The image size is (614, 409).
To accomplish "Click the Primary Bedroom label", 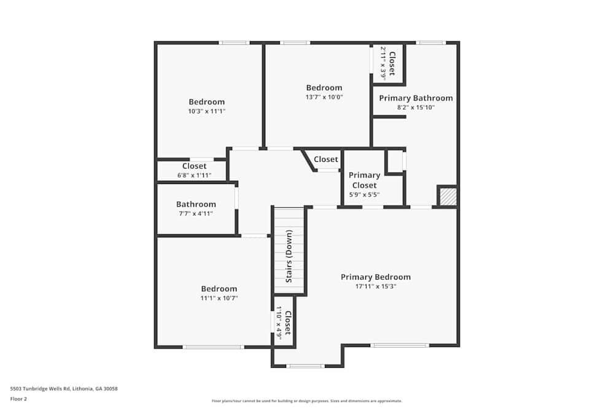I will pyautogui.click(x=375, y=277).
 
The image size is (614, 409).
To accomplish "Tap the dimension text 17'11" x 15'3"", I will pyautogui.click(x=375, y=286).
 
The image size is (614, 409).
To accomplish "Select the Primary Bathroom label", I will pyautogui.click(x=416, y=98).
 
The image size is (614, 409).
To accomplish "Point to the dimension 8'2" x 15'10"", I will pyautogui.click(x=416, y=107).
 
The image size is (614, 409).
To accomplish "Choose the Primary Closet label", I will pyautogui.click(x=364, y=180).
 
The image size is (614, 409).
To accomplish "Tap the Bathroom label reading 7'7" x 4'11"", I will pyautogui.click(x=196, y=204).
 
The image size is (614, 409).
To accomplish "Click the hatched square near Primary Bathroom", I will pyautogui.click(x=448, y=197).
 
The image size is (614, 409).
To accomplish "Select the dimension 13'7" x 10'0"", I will pyautogui.click(x=324, y=97).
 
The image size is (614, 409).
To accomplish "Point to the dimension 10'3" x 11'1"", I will pyautogui.click(x=206, y=111).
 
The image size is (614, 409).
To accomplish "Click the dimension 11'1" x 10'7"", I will pyautogui.click(x=219, y=298).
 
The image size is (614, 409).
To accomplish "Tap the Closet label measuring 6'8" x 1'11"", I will pyautogui.click(x=194, y=166).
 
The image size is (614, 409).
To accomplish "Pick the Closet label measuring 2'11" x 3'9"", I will pyautogui.click(x=391, y=63).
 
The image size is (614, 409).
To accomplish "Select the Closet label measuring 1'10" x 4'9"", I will pyautogui.click(x=287, y=322).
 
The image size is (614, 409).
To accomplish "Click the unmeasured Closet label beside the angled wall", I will pyautogui.click(x=325, y=159).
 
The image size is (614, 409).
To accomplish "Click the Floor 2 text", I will pyautogui.click(x=18, y=399).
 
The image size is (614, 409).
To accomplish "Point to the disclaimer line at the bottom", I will pyautogui.click(x=307, y=401).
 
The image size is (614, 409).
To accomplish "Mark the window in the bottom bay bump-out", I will pyautogui.click(x=305, y=366).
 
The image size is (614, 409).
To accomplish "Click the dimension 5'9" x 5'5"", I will pyautogui.click(x=364, y=195).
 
